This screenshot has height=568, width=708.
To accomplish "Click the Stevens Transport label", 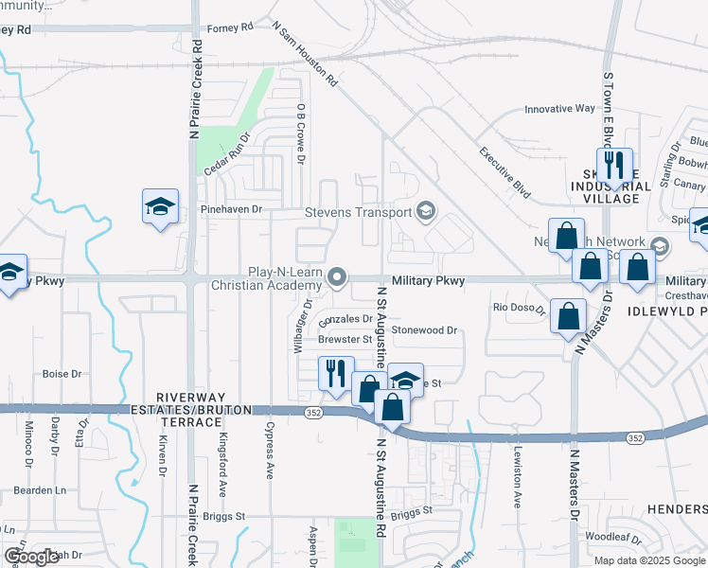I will pos(358,212).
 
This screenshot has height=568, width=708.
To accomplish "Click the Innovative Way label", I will pos(559,109).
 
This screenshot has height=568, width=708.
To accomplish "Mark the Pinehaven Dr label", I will pos(229,208).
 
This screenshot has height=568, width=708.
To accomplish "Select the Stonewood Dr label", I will pos(425,330).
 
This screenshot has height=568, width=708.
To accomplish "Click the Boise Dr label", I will pos(62,374).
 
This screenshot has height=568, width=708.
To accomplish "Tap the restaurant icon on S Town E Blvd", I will pos(614,166).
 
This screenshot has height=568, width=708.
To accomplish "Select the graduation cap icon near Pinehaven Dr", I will pos(160,206).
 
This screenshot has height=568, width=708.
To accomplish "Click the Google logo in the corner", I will pos(31,557).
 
